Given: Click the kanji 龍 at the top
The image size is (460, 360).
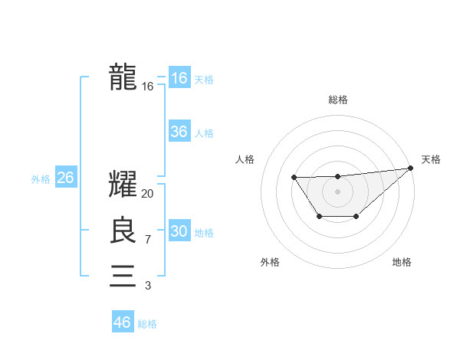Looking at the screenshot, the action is coord(123,77).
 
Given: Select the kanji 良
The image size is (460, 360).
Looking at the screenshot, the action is coord(123,231).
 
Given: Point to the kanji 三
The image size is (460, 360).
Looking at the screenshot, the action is coord(123,276).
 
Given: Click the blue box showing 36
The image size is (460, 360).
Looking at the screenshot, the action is coord(179,132).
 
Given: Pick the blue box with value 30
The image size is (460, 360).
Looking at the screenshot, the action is coord(179,231).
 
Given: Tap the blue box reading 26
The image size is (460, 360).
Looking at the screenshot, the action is coord(65,178).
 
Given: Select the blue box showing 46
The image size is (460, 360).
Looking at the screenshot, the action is coord(122,322).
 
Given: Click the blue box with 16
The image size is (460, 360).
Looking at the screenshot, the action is coord(179,78).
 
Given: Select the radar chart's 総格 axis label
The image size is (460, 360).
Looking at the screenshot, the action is coord(337,100).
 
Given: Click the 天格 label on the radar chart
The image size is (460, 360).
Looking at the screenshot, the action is coord(431,159).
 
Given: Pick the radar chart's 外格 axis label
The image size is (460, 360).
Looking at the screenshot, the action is coord(269,262).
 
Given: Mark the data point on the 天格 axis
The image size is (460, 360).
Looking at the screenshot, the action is coord(412,168).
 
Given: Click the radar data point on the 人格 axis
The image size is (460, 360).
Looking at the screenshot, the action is coord(294,178).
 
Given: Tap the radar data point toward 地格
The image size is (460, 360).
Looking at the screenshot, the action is coord(356,217).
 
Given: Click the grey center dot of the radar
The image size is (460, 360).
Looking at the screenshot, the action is coord(337,191).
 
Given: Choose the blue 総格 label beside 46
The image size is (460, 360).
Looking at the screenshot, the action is coord(147,324).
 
